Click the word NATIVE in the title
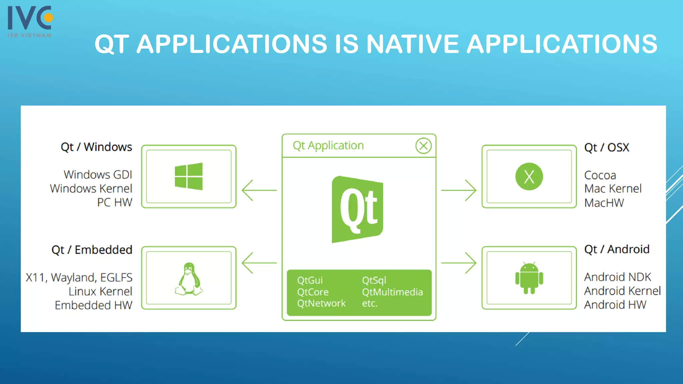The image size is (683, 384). [x=412, y=44]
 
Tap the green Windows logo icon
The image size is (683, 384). [x=189, y=176]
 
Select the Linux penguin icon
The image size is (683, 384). [x=189, y=279]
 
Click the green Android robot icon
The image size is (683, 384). [x=529, y=278]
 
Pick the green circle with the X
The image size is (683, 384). [x=529, y=176]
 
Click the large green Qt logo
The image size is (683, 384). [x=358, y=209]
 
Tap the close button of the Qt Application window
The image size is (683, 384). [x=423, y=146]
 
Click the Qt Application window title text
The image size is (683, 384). [x=328, y=146]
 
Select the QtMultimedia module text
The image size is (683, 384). [x=392, y=292]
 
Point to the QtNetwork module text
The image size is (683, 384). [x=321, y=303]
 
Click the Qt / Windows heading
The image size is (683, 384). [x=96, y=147]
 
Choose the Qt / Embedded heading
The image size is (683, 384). [x=92, y=250]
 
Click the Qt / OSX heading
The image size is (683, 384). [x=607, y=147]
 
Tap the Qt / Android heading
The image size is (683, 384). [x=617, y=249]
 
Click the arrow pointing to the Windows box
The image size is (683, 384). [x=259, y=190]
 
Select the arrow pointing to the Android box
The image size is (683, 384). [x=459, y=263]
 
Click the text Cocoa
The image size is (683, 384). [x=600, y=175]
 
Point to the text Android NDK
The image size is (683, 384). [x=617, y=277]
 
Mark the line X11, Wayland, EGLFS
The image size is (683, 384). [x=79, y=277]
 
